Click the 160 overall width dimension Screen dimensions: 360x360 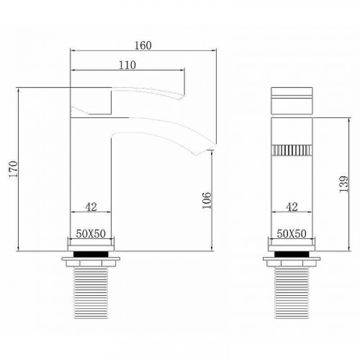point(143,45)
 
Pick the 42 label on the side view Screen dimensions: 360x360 point(90,207)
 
